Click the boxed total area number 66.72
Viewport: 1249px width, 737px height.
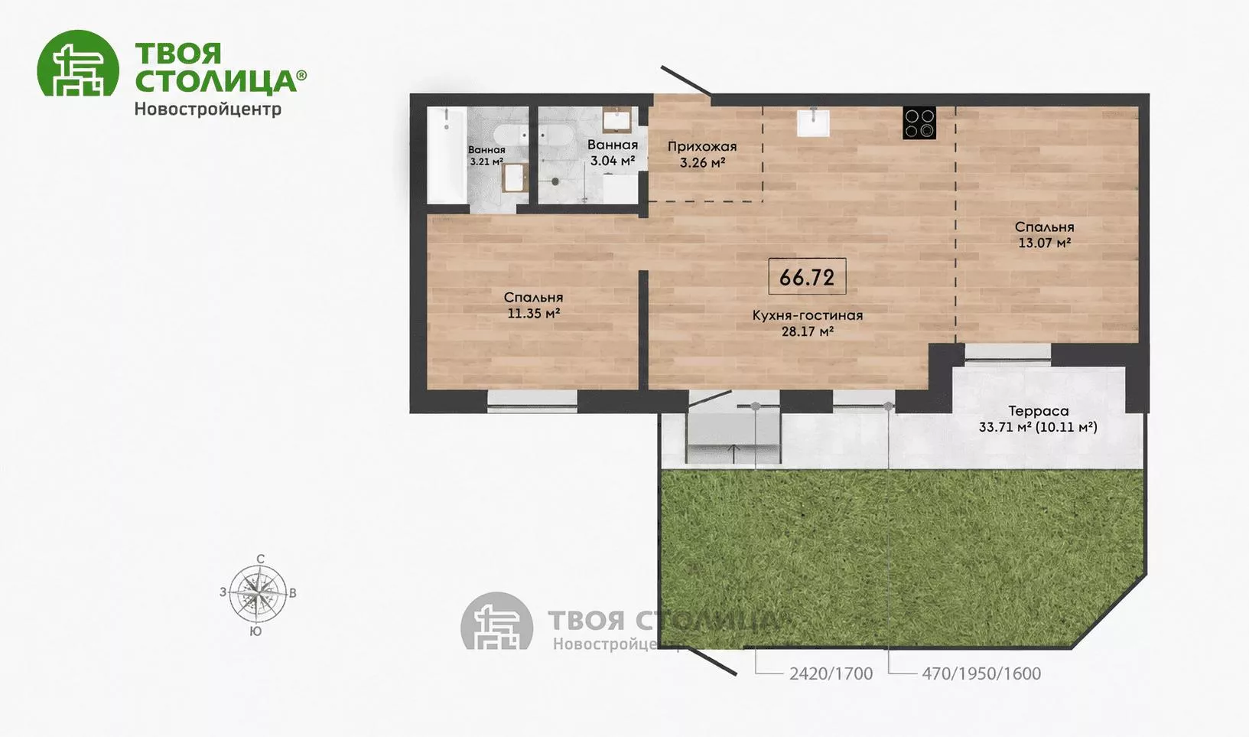(807, 277)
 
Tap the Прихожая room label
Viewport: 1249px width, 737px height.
(702, 147)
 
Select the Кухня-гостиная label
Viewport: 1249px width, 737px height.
(808, 315)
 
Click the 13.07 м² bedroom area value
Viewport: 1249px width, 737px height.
(1044, 243)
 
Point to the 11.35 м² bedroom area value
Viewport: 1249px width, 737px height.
(533, 313)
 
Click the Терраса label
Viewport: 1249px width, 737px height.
(1038, 412)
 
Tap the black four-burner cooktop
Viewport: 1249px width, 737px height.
(919, 123)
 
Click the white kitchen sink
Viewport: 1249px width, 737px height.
(813, 122)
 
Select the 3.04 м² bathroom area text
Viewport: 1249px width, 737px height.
(613, 161)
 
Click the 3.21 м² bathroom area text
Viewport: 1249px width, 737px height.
(486, 161)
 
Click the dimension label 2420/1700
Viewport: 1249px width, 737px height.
(831, 674)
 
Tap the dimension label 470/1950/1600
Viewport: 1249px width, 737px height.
(981, 674)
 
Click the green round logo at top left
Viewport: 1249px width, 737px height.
(78, 63)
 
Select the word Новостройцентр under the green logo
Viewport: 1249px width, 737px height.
(208, 109)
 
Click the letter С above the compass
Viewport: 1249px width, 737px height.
(260, 559)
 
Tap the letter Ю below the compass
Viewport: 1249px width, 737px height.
(256, 631)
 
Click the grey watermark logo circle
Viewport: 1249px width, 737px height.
(497, 621)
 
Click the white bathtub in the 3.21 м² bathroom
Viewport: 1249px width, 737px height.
(447, 155)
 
